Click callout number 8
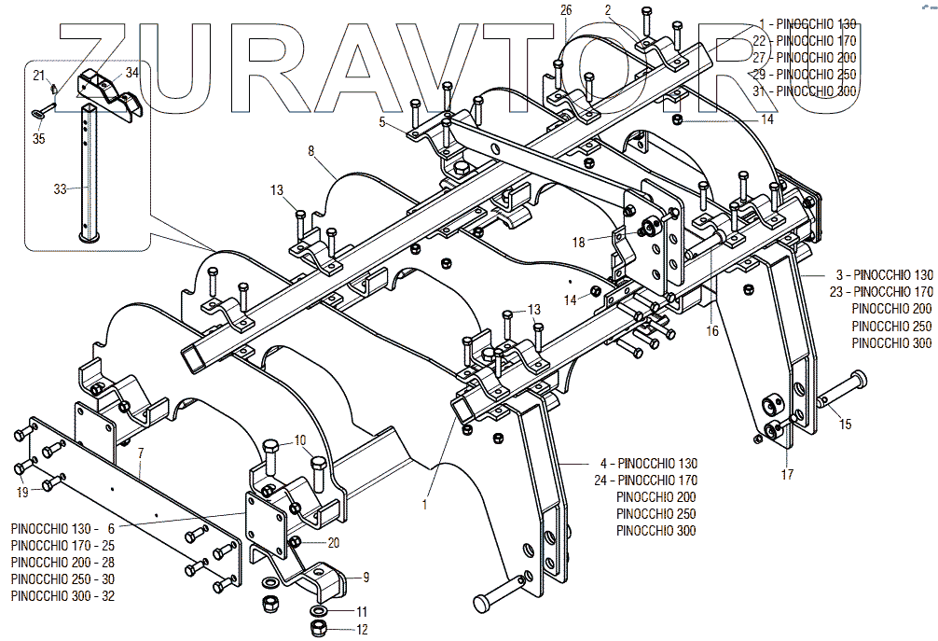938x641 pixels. coord(311,149)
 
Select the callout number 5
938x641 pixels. coord(381,121)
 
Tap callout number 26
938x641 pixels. coord(565,9)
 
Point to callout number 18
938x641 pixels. coord(578,243)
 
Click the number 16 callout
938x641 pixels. coord(712,331)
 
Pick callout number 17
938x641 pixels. coord(787,474)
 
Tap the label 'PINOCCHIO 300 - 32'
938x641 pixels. coord(62,596)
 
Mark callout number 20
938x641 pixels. coord(333,543)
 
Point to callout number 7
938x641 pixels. coord(140,453)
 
